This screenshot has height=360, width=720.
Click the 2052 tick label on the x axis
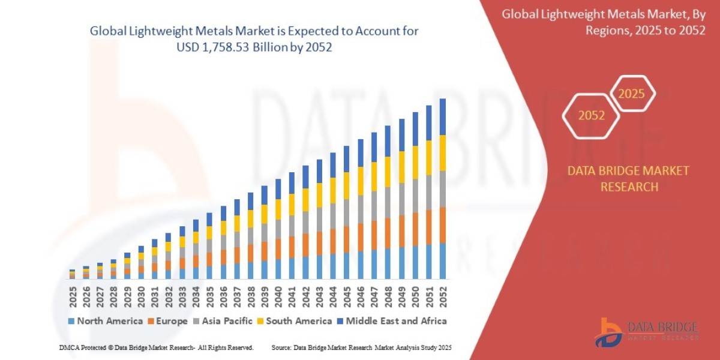click(x=443, y=295)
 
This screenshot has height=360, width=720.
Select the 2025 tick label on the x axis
click(x=72, y=295)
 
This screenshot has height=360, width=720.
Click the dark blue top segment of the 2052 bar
click(x=443, y=116)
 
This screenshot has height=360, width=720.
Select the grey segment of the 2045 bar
click(x=347, y=212)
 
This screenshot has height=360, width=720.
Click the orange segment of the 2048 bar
click(x=388, y=233)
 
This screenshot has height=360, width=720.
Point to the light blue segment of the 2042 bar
click(x=305, y=268)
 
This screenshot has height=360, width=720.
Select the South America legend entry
click(x=298, y=321)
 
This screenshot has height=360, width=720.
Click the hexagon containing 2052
click(x=591, y=116)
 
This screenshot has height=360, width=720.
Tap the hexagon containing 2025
click(x=632, y=94)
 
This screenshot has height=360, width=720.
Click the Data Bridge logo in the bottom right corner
click(x=646, y=331)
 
